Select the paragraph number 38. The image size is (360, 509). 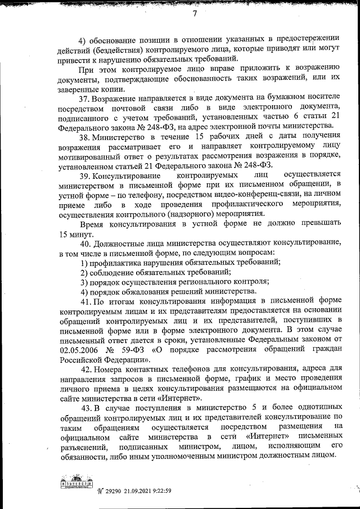[84, 137]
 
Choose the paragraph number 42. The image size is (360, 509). [87, 369]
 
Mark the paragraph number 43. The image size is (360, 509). [87, 407]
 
